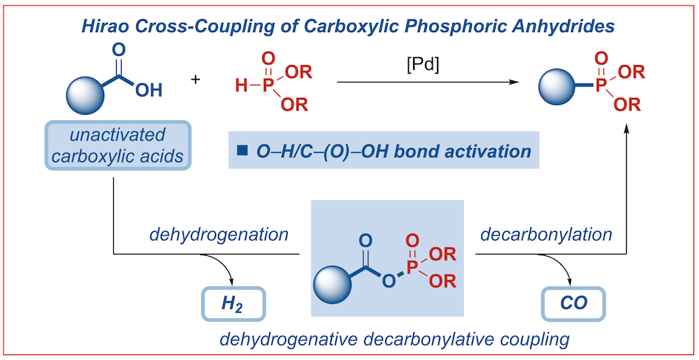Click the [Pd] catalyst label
pos(423,66)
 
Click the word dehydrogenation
pos(219,235)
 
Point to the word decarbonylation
pos(546,235)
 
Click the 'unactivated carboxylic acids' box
pos(117,145)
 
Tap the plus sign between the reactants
pos(195,80)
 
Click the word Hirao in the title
pos(104,27)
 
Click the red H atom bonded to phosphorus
pos(241,85)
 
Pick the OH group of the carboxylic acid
pos(148,90)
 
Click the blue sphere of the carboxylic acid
pos(85,95)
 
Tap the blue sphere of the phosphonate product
pos(557,87)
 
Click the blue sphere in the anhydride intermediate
pos(333,285)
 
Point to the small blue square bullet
pos(242,151)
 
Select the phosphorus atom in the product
pos(601,87)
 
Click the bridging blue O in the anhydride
pos(389,280)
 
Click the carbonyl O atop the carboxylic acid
pos(119,50)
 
